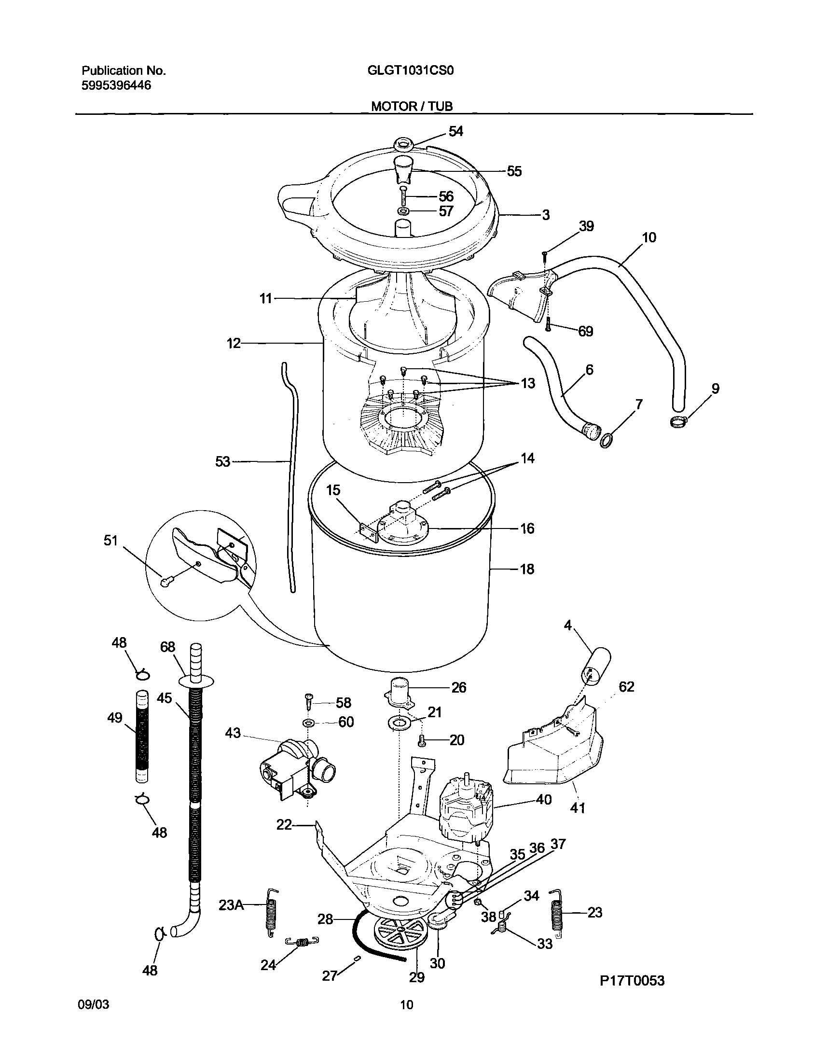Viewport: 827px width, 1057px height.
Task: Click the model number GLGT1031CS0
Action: (x=411, y=71)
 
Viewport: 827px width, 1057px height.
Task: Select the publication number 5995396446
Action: (x=116, y=86)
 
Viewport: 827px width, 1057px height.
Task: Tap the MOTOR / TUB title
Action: (x=412, y=106)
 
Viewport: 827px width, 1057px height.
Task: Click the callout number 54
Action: (x=455, y=131)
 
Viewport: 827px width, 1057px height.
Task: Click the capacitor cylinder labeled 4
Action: (x=595, y=668)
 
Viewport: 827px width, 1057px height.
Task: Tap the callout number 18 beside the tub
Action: (x=527, y=569)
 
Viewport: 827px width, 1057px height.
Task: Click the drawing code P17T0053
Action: (x=632, y=980)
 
